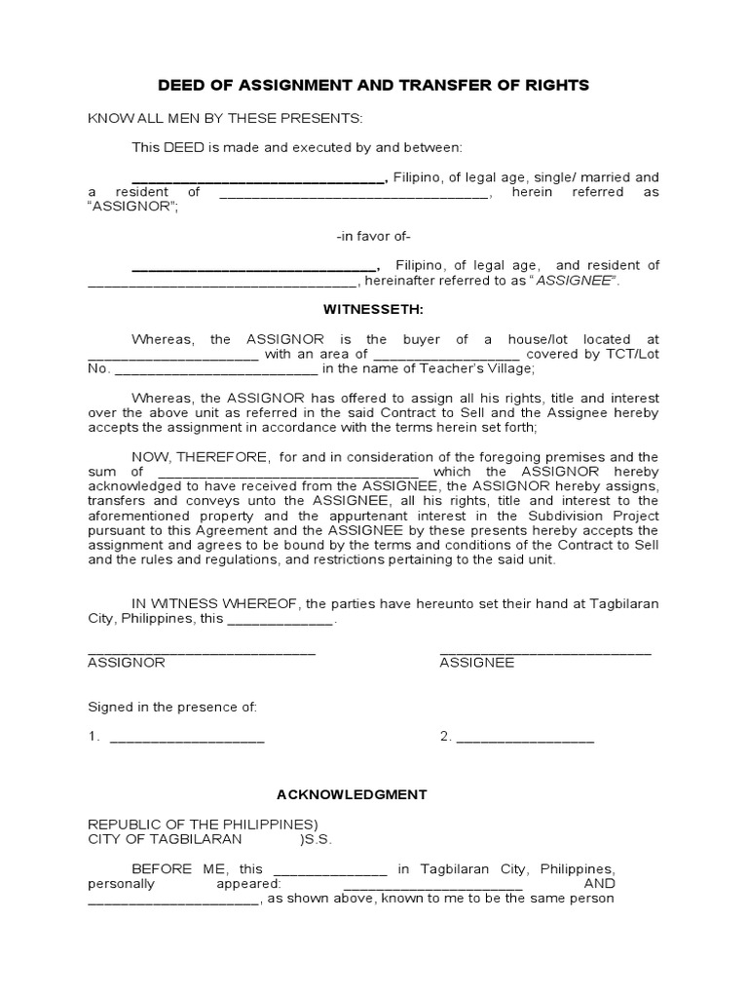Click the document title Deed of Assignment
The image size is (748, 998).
click(373, 85)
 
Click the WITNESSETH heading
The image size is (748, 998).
click(373, 309)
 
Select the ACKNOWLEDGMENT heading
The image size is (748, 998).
click(373, 794)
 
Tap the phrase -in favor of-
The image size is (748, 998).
click(373, 237)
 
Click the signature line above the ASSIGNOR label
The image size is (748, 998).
click(202, 650)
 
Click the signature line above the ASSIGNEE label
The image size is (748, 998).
click(545, 650)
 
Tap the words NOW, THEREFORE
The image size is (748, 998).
click(201, 457)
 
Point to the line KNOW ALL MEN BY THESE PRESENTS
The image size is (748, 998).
click(225, 118)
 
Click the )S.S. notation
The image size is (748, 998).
click(319, 839)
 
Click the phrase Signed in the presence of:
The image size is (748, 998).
click(173, 706)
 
